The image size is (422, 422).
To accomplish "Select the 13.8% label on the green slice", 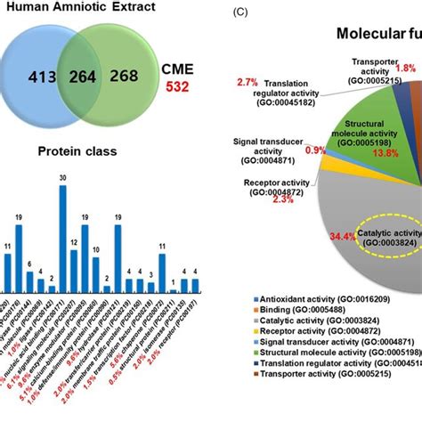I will (x=385, y=153).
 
